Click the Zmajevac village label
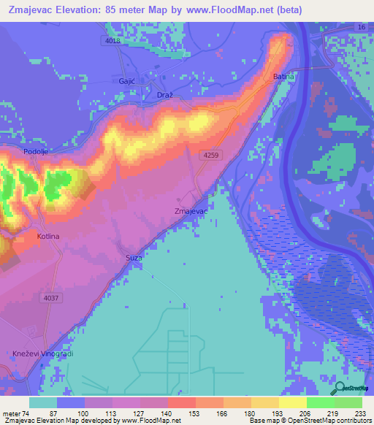click(x=191, y=211)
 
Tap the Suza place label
click(x=133, y=259)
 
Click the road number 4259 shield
click(x=212, y=155)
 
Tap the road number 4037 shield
click(x=51, y=298)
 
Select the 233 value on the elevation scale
click(x=361, y=413)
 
